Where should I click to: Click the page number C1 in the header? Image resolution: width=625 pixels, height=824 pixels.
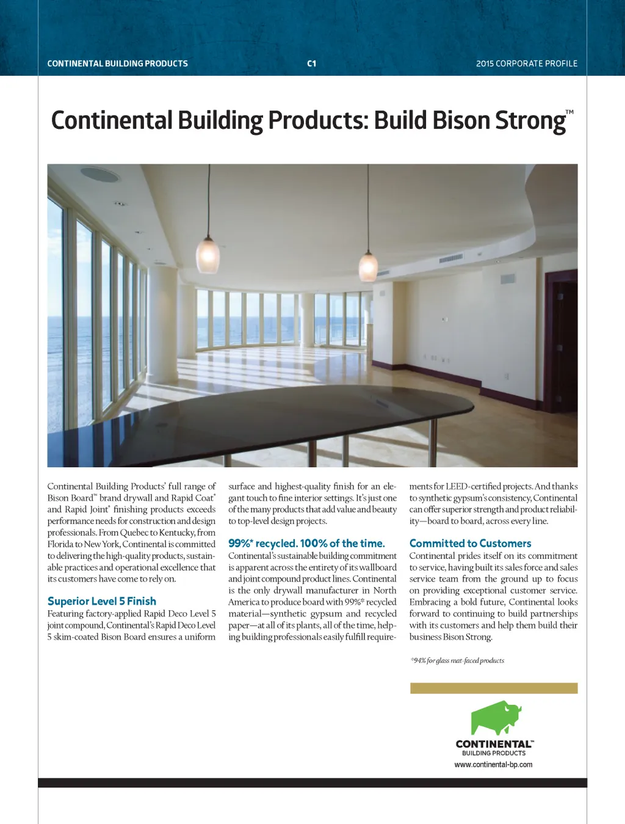coord(311,64)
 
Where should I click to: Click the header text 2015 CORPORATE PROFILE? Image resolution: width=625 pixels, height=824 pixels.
coord(527,64)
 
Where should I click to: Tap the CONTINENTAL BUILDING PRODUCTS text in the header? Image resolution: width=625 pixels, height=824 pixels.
coord(117,64)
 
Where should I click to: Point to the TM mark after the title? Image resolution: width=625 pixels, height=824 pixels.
coord(569,112)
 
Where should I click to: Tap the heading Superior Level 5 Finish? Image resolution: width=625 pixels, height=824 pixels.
coord(102,601)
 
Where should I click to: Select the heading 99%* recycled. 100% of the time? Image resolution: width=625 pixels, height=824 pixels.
coord(306,543)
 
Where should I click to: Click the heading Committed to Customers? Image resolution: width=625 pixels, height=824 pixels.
coord(470,543)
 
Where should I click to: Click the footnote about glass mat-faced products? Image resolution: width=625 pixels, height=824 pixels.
coord(457,660)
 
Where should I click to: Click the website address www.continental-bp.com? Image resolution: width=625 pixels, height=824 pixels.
coord(493,765)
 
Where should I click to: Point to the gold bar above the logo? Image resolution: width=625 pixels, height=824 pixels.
coord(494,688)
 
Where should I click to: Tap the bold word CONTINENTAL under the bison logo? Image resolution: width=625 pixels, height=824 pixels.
coord(493,744)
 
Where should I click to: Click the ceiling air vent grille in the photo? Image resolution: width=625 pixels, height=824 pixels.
coord(451,259)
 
